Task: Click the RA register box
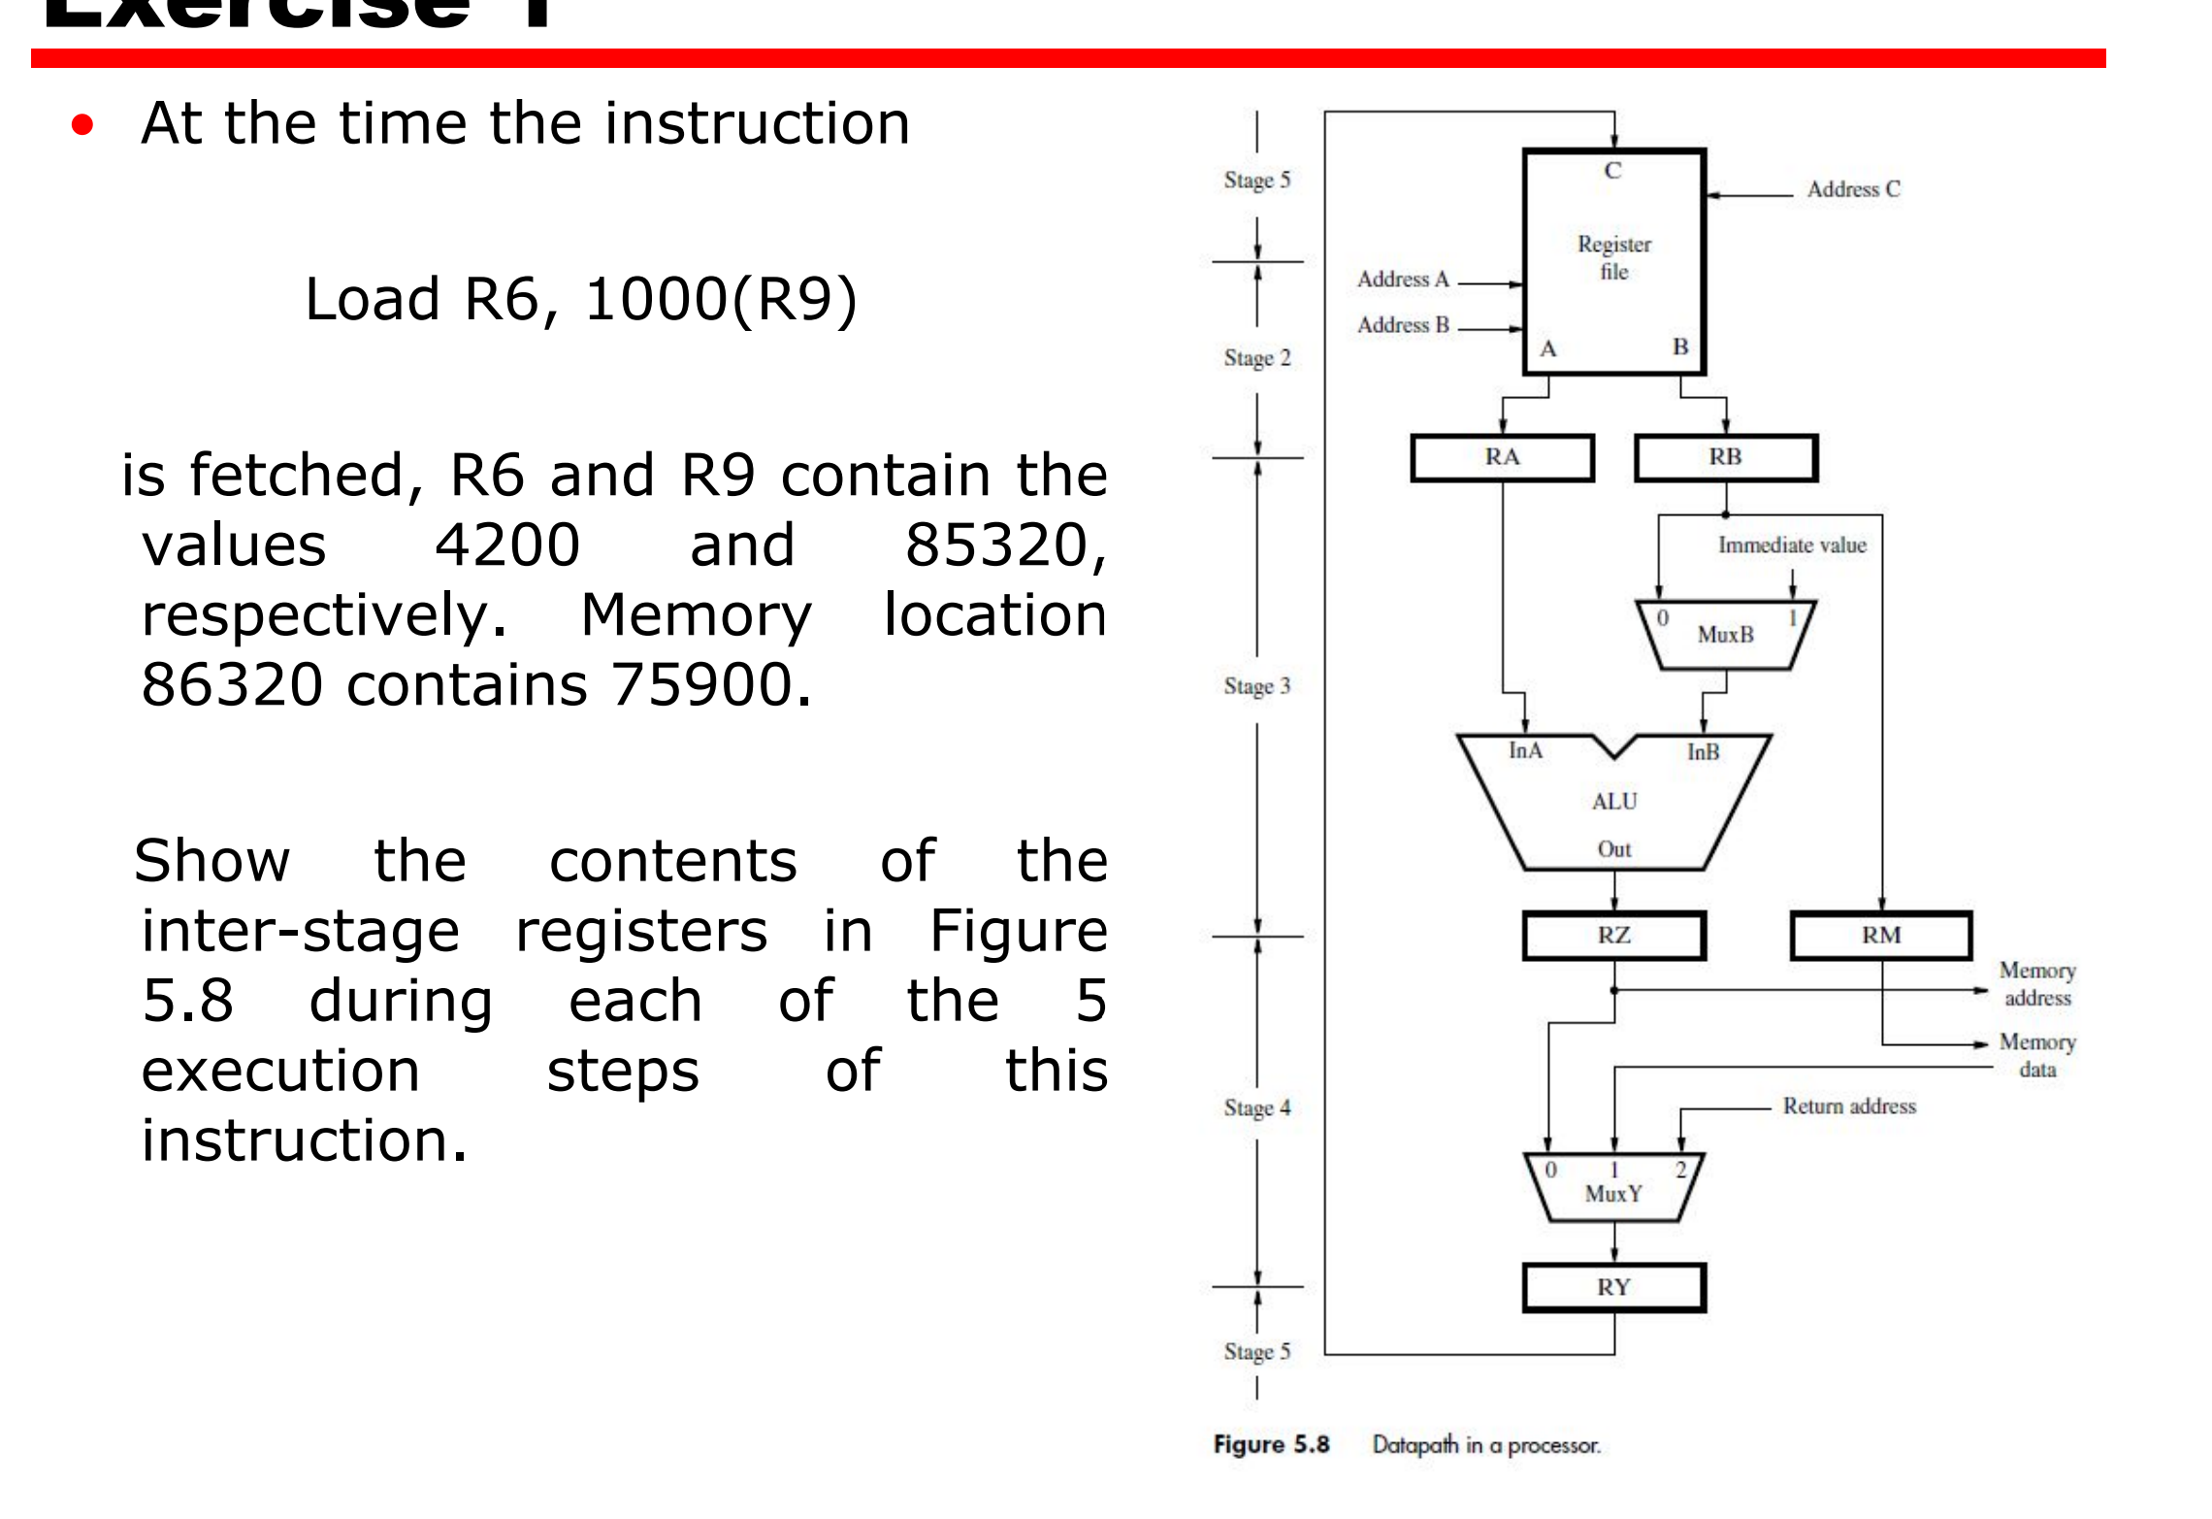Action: pyautogui.click(x=1502, y=457)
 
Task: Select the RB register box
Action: pyautogui.click(x=1725, y=457)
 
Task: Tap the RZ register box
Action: pyautogui.click(x=1613, y=936)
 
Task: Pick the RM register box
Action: pyautogui.click(x=1880, y=936)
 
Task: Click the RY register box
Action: pyautogui.click(x=1613, y=1288)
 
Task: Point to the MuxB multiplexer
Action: pyautogui.click(x=1725, y=635)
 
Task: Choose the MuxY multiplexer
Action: pyautogui.click(x=1613, y=1188)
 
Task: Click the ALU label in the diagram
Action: pyautogui.click(x=1614, y=802)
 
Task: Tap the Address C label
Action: pyautogui.click(x=1853, y=189)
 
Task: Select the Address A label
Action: pyautogui.click(x=1403, y=280)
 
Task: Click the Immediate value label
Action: pyautogui.click(x=1792, y=545)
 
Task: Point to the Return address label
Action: pyautogui.click(x=1849, y=1106)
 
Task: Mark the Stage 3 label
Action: pyautogui.click(x=1257, y=686)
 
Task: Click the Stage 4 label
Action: pyautogui.click(x=1257, y=1108)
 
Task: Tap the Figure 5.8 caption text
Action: pyautogui.click(x=1271, y=1445)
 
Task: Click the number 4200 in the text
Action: pyautogui.click(x=506, y=545)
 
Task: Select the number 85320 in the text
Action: pyautogui.click(x=1003, y=545)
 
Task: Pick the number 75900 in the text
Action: pyautogui.click(x=709, y=684)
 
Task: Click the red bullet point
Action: pyautogui.click(x=82, y=125)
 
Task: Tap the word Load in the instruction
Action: pyautogui.click(x=374, y=299)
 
